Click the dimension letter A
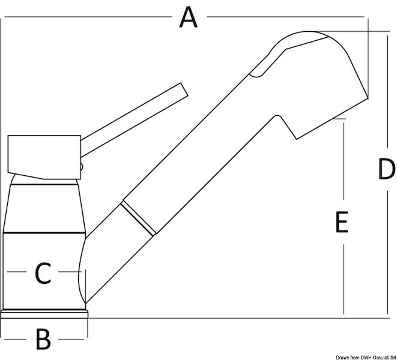tap(189, 17)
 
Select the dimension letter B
tap(43, 340)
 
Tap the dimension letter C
tap(42, 274)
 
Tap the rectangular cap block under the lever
tap(44, 152)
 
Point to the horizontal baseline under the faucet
tap(240, 316)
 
